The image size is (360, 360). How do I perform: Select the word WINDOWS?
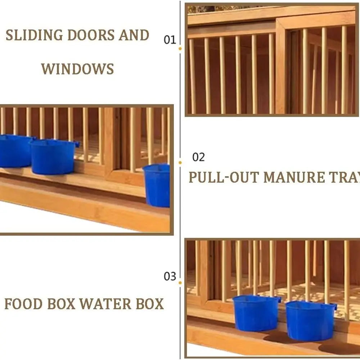[77, 68]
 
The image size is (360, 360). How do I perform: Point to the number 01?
[170, 40]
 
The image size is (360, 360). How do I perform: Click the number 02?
[198, 157]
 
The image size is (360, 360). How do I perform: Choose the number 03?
[170, 276]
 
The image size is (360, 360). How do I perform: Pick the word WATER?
[102, 304]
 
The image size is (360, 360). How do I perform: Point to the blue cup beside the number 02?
[157, 185]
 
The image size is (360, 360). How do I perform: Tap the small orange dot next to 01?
[180, 48]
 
